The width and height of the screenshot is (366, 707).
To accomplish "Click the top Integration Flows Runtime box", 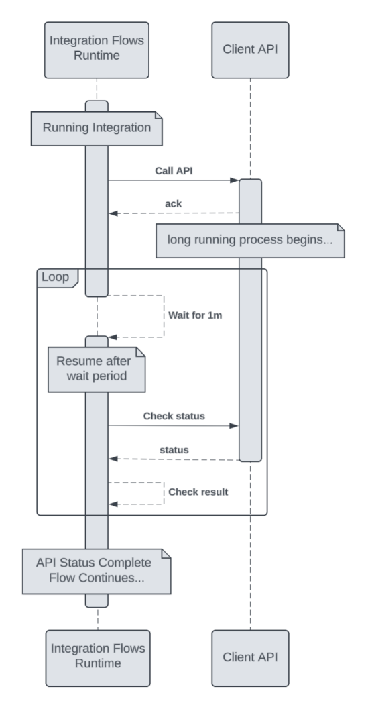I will [97, 50].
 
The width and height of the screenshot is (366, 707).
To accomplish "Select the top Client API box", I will [250, 50].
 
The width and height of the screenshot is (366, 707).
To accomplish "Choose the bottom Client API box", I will [250, 657].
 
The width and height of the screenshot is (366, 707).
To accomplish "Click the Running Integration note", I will [97, 127].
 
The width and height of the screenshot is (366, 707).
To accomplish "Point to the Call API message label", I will [173, 171].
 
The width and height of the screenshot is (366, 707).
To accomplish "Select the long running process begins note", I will [250, 241].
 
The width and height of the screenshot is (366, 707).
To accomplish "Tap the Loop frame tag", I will [57, 276].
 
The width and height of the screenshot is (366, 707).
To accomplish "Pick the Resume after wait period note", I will [97, 369].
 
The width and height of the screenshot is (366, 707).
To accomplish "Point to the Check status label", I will [174, 416].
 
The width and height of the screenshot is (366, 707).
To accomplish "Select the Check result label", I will [198, 492].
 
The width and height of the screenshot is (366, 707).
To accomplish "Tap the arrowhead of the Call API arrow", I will [235, 180].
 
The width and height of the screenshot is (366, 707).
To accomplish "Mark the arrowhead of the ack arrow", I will [113, 213].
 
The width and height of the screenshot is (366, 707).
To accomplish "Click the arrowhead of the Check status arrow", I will [235, 425].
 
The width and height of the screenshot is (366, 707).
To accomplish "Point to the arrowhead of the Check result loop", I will [113, 503].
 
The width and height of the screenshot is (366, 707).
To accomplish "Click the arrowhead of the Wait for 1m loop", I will [113, 337].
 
